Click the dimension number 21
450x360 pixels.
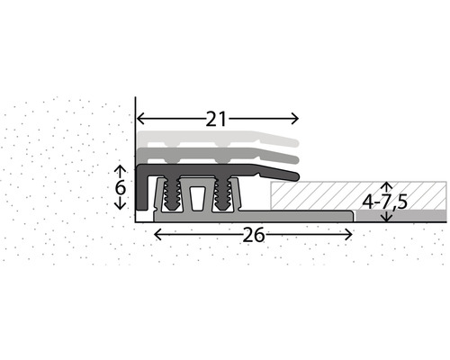coord(215,118)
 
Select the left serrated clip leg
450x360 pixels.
coord(167,193)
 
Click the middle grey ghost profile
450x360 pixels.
coord(216,157)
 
